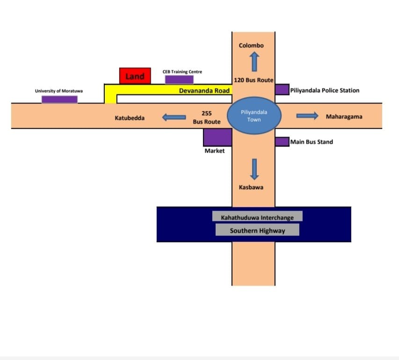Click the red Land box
[x=135, y=76]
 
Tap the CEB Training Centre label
[x=182, y=72]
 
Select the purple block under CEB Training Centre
[x=179, y=80]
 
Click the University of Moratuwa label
[x=58, y=91]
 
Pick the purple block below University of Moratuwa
[x=59, y=99]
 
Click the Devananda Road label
[x=204, y=90]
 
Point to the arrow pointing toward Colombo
[x=254, y=61]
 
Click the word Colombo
[x=251, y=45]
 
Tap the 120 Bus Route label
[x=253, y=81]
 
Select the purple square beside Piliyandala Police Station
[x=282, y=89]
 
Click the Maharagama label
[x=344, y=117]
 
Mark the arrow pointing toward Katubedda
[x=174, y=118]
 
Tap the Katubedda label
[x=130, y=118]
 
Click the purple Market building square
[x=218, y=137]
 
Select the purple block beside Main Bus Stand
[x=282, y=141]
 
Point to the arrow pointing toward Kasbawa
[x=254, y=169]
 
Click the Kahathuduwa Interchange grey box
[x=257, y=216]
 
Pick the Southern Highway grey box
[x=257, y=230]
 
